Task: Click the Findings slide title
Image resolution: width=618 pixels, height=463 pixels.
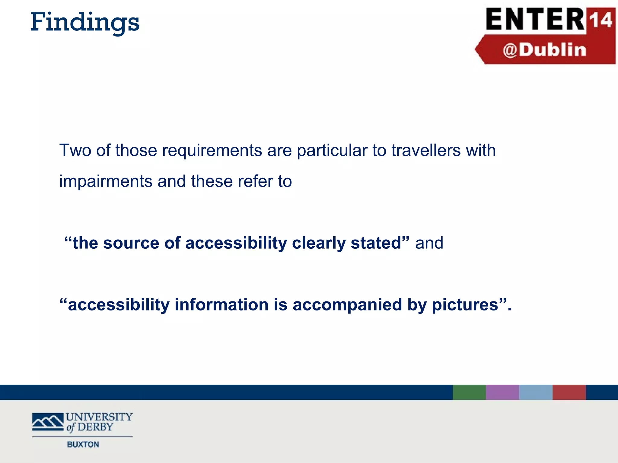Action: pyautogui.click(x=85, y=23)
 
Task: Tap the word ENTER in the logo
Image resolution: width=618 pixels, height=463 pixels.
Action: pyautogui.click(x=535, y=20)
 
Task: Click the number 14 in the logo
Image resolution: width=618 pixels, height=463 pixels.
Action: pyautogui.click(x=601, y=20)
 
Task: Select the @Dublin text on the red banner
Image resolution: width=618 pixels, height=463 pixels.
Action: pyautogui.click(x=544, y=50)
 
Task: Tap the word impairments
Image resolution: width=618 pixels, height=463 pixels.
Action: pyautogui.click(x=106, y=181)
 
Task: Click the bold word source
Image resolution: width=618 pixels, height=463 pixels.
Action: pyautogui.click(x=131, y=243)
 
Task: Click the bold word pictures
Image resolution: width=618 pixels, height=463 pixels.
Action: pyautogui.click(x=465, y=305)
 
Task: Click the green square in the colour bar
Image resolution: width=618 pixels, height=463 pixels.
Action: pyautogui.click(x=469, y=392)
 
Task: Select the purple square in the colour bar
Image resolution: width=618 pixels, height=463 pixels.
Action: pyautogui.click(x=502, y=392)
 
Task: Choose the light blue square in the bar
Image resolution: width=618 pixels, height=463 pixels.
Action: pyautogui.click(x=536, y=392)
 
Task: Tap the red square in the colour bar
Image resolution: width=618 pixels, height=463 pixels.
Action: pyautogui.click(x=569, y=392)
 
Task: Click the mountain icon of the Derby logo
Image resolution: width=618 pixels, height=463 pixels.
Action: pyautogui.click(x=48, y=421)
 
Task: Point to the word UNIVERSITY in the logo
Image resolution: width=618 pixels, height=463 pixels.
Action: pyautogui.click(x=99, y=417)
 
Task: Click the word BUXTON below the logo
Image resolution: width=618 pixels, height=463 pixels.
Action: pyautogui.click(x=83, y=444)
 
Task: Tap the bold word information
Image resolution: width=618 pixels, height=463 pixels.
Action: pyautogui.click(x=221, y=305)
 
